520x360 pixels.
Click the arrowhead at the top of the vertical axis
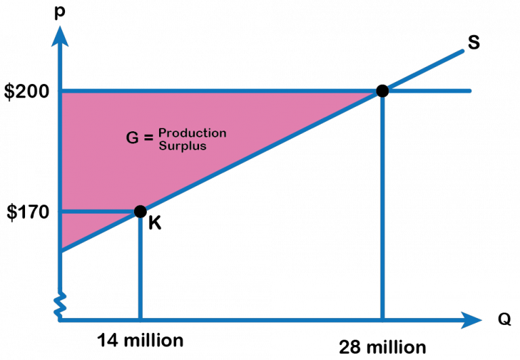60,35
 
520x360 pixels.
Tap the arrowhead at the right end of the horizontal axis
471,319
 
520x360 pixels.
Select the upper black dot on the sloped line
383,91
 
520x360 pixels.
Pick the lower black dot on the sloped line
140,211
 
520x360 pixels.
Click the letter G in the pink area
133,139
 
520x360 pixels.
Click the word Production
192,133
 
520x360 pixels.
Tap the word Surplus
183,145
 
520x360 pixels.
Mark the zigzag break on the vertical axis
60,304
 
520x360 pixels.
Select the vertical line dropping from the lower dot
140,267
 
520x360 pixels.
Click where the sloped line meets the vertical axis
60,251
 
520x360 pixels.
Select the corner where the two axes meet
60,319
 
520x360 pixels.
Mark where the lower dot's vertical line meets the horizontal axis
140,319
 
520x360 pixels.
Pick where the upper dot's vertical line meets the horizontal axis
383,319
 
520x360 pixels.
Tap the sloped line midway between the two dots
261,151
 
